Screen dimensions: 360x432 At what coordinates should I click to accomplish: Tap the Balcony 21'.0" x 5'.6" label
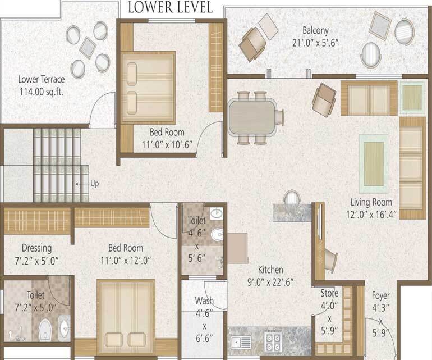[315, 37]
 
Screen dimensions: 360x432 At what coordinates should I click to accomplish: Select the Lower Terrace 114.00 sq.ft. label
[40, 85]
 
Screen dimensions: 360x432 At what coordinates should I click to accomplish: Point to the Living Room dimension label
[371, 208]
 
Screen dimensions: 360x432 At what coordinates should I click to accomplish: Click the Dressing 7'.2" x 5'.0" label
[36, 254]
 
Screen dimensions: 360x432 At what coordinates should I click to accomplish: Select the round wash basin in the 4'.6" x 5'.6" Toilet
[218, 214]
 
